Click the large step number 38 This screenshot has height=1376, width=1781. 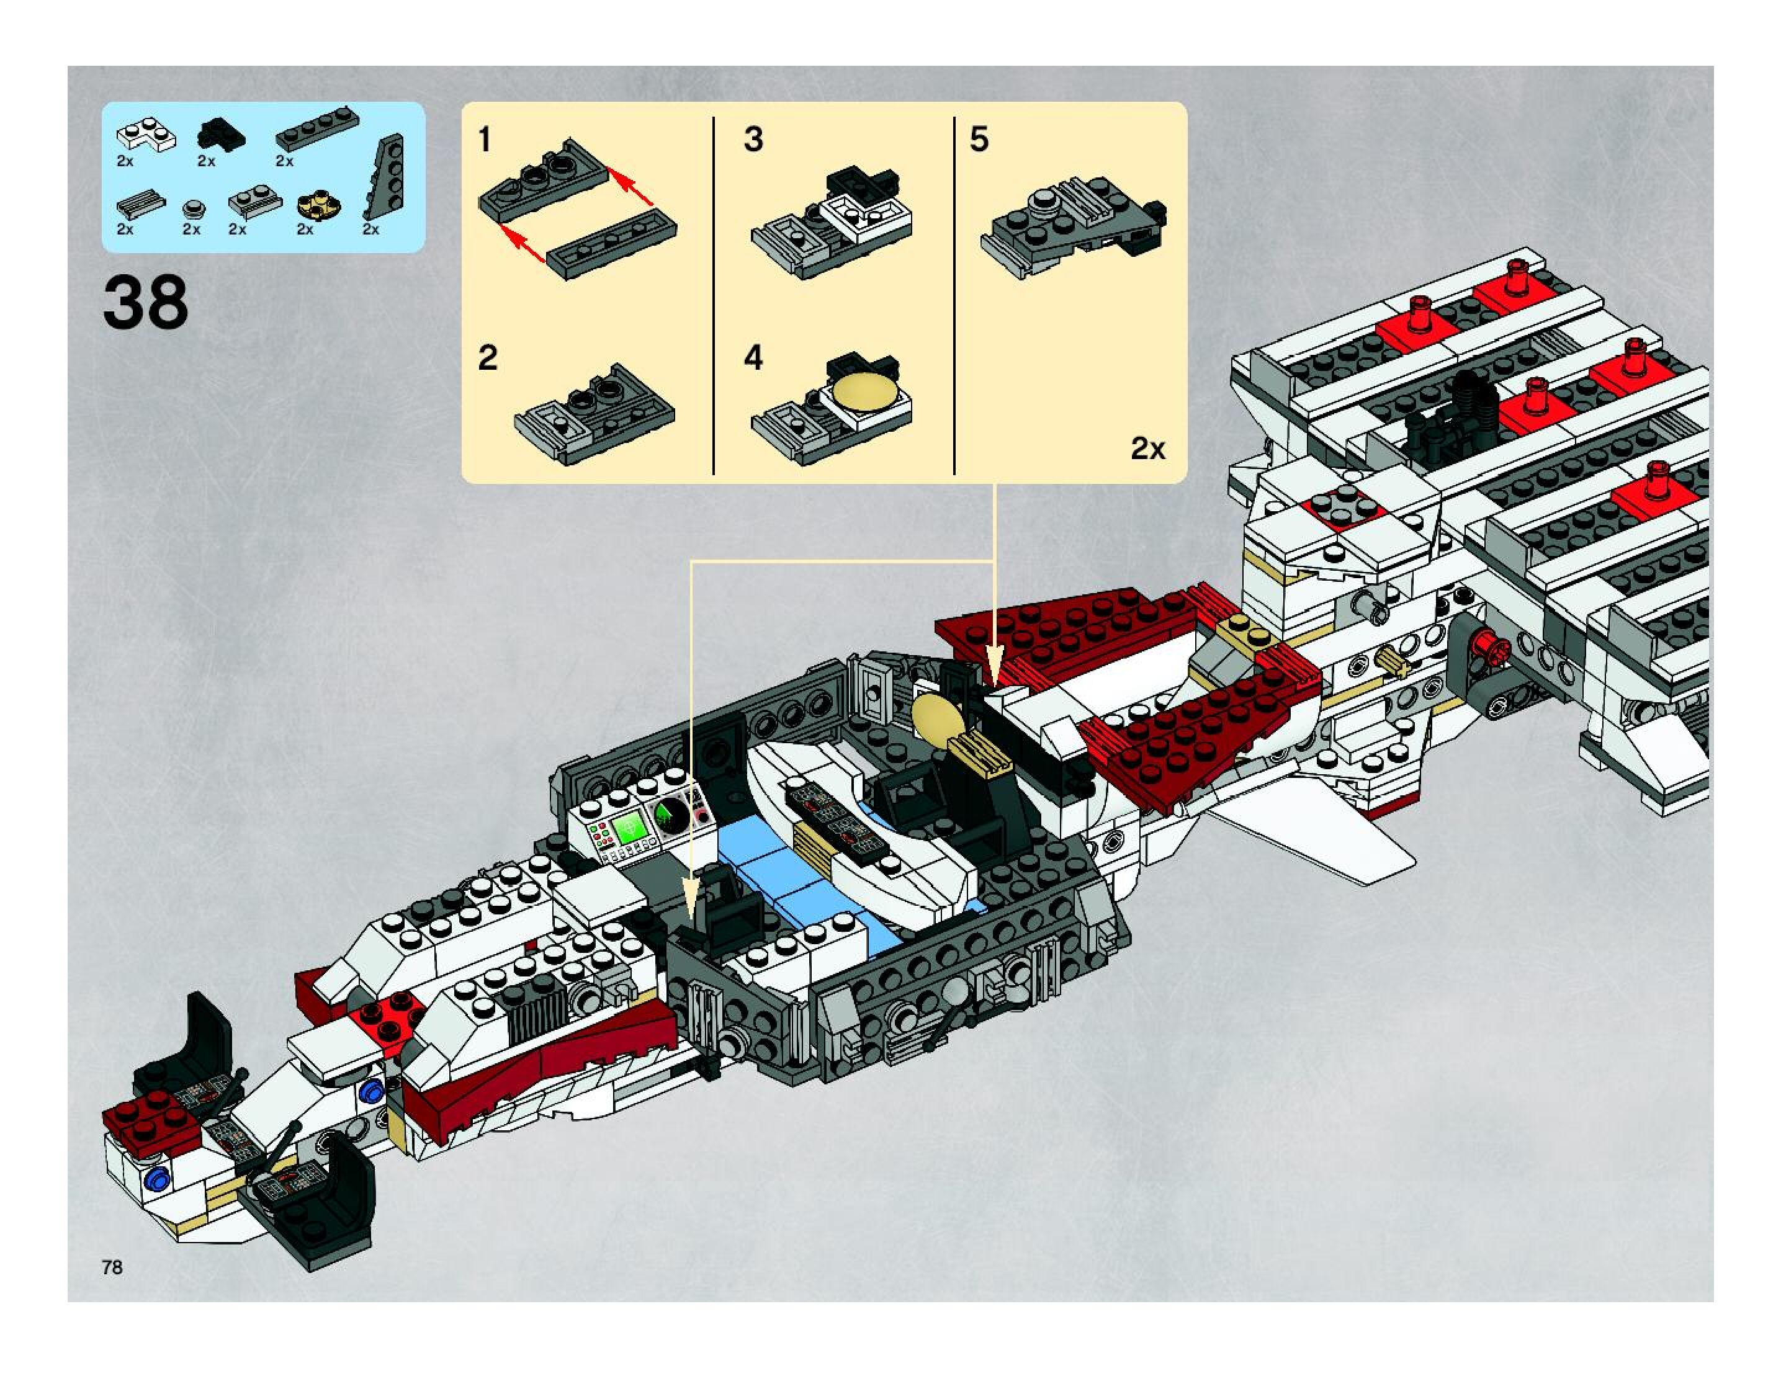coord(145,302)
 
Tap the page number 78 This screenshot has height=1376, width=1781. coord(112,1266)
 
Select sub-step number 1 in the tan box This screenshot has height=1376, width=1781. coord(485,140)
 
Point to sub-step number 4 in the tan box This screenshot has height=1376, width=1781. coord(753,358)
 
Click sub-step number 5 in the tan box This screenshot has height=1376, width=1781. coord(979,140)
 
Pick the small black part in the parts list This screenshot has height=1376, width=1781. coord(220,132)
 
